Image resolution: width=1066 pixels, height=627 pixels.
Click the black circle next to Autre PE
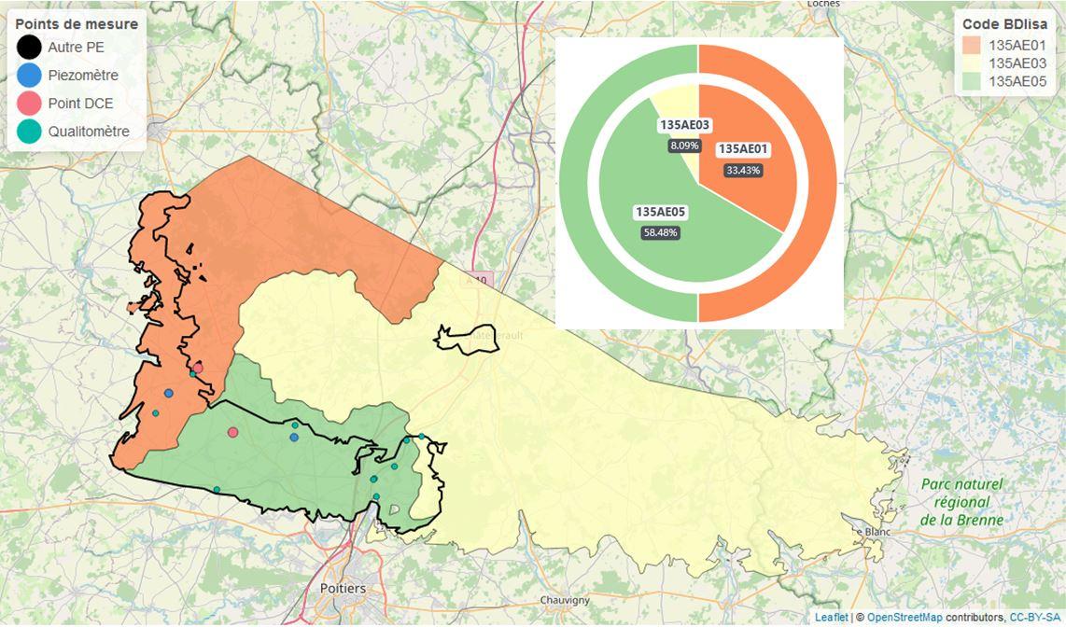click(x=30, y=47)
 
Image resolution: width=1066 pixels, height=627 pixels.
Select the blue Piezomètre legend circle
click(x=30, y=76)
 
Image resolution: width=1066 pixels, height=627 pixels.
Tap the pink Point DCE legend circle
click(x=30, y=104)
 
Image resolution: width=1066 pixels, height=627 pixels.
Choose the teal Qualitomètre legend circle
click(x=30, y=132)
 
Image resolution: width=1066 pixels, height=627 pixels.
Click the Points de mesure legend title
click(x=77, y=23)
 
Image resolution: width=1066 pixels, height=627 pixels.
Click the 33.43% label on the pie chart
click(x=743, y=171)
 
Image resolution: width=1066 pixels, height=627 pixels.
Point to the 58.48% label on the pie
click(x=660, y=232)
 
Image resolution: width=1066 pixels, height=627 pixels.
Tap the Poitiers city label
click(x=343, y=589)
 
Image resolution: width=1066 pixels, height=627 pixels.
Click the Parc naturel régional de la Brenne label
click(x=961, y=502)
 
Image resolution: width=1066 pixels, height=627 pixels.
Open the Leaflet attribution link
click(x=831, y=618)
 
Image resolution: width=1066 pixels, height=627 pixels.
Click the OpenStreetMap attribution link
click(x=905, y=618)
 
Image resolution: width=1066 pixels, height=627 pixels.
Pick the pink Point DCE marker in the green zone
click(x=232, y=432)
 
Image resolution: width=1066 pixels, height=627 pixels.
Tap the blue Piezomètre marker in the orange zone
click(x=168, y=394)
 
